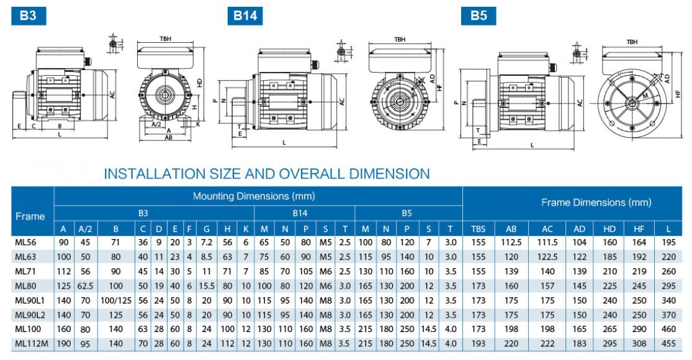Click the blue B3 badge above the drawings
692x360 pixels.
coord(29,16)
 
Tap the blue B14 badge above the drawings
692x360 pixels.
coord(245,16)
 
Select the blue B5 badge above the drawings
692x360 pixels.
coord(479,16)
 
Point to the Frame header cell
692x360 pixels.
coord(30,216)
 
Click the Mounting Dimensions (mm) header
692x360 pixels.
coord(254,196)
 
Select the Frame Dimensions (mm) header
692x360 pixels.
coord(596,202)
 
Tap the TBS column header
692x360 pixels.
coord(478,229)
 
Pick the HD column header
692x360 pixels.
coord(609,229)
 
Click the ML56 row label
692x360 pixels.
coord(25,242)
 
